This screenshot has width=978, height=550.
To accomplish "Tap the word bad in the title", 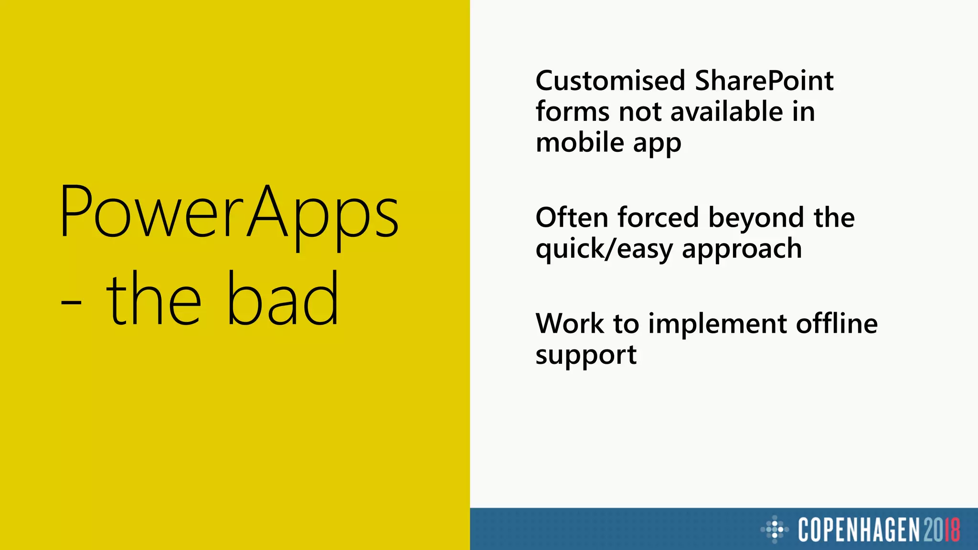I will pos(282,298).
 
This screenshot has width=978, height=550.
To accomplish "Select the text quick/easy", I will pos(604,250).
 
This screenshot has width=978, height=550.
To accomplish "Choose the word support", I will pos(586,356).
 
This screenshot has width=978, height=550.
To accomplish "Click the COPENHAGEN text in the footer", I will pos(859,529).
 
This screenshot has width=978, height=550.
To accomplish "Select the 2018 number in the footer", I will pos(941,529).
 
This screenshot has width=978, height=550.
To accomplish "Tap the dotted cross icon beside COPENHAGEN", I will pos(774,529).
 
